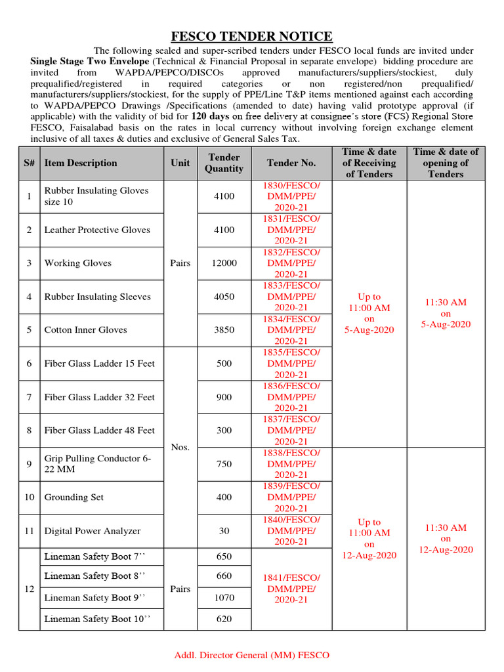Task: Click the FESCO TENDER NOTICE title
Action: [252, 36]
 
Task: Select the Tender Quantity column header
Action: [224, 163]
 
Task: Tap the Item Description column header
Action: [81, 163]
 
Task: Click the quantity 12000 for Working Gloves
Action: [224, 263]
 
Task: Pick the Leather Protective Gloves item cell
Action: [97, 230]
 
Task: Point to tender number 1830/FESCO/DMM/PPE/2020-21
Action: [291, 196]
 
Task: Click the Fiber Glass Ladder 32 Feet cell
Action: [100, 397]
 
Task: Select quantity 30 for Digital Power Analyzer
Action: [224, 531]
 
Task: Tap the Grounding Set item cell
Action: [74, 497]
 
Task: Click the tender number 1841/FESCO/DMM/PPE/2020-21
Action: [291, 589]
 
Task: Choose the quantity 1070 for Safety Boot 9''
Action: [224, 598]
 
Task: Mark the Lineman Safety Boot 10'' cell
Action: [94, 619]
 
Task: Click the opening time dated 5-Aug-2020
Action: [446, 313]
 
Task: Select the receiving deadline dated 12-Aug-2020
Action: [369, 539]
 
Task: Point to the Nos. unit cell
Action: [180, 447]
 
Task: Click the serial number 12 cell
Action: [29, 589]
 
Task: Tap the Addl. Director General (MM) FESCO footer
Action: [251, 655]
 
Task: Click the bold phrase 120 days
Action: [214, 116]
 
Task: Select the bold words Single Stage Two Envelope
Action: [81, 61]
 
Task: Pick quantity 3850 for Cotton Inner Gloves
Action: [224, 330]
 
